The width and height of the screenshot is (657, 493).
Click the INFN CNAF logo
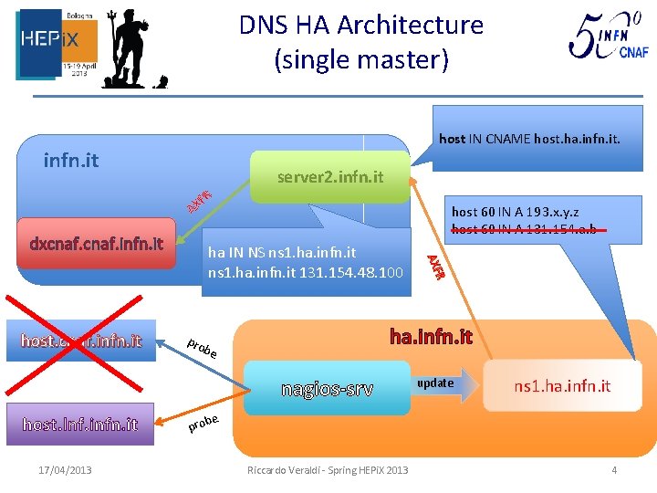tap(609, 40)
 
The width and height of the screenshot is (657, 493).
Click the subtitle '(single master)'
tap(361, 60)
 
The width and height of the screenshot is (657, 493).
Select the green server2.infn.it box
tap(329, 176)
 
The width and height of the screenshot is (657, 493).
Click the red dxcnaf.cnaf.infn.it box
tap(96, 244)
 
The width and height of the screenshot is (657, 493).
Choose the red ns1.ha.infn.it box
tap(561, 386)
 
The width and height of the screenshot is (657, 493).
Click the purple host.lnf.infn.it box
tap(80, 424)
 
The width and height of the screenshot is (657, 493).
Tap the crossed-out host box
tap(80, 341)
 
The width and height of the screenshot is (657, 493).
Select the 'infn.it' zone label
tap(71, 162)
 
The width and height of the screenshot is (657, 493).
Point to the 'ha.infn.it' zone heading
tap(431, 337)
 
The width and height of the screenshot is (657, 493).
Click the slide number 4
tap(614, 470)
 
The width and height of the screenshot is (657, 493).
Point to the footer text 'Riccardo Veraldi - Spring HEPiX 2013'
tap(328, 470)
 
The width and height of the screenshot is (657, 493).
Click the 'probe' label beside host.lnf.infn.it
tap(203, 423)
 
